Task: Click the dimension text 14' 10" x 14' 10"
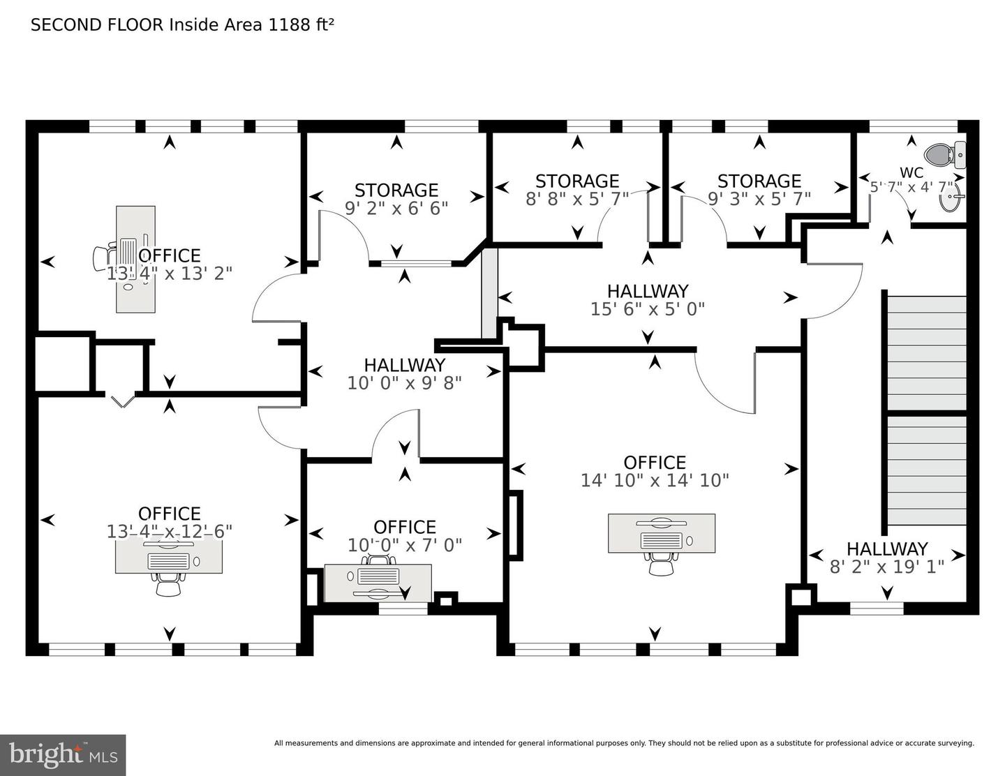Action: coord(655,480)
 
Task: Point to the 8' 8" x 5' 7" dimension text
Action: coord(577,199)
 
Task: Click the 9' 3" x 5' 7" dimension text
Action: coord(759,199)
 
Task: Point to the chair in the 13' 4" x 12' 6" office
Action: coord(168,585)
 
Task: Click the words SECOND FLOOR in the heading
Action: coord(97,25)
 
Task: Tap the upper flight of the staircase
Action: coord(926,353)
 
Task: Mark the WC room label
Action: coord(911,172)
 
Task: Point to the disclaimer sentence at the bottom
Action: coord(624,743)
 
